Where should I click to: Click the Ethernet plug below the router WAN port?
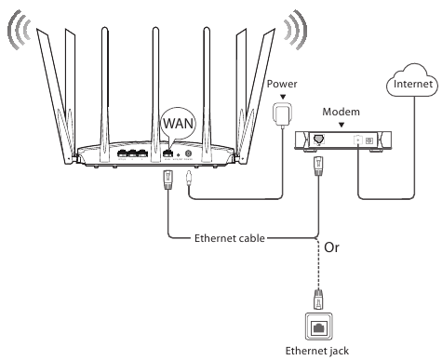[168, 178]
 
